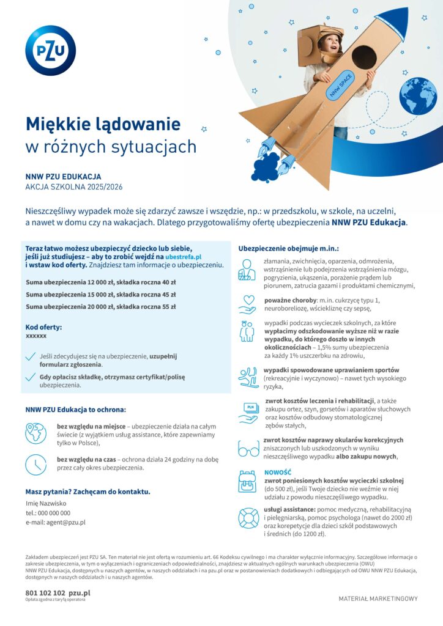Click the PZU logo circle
tap(50, 50)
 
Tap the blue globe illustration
tap(418, 96)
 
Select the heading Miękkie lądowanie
tap(103, 124)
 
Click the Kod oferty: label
tap(43, 327)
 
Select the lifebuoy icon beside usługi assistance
tap(248, 518)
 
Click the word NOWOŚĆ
tap(278, 472)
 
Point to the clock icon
tap(35, 465)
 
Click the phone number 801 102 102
tap(45, 592)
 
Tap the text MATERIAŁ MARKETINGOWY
tap(378, 598)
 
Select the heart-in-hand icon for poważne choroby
tap(247, 303)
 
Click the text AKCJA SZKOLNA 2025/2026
tap(74, 187)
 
